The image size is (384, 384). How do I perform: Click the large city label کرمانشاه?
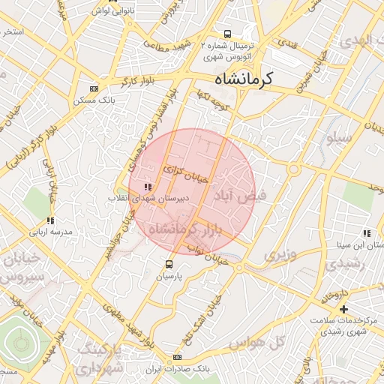244,78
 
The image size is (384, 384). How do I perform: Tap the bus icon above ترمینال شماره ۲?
227,34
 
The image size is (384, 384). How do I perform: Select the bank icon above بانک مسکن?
94,88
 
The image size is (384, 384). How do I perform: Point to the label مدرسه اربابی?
50,232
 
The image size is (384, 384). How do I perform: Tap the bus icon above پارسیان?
169,264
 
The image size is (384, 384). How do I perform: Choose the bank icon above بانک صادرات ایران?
177,358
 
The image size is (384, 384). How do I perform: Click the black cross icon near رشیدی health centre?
343,309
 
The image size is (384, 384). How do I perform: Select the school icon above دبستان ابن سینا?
365,233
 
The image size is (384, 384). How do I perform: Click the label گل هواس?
268,343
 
